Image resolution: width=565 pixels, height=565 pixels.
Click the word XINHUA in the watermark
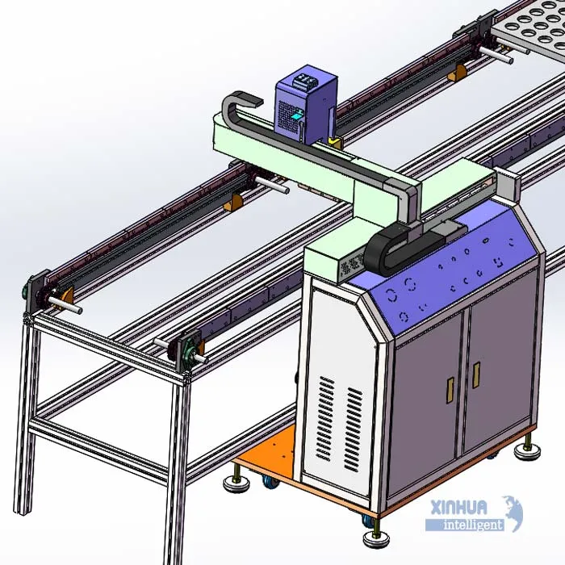(458, 508)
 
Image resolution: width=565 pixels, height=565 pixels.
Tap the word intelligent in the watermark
(473, 525)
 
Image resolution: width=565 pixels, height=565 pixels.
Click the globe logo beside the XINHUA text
(514, 513)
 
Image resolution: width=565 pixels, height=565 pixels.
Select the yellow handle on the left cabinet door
(450, 390)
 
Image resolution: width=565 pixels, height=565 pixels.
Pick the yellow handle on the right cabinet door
(476, 375)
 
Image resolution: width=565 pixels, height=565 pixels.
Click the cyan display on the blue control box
(297, 116)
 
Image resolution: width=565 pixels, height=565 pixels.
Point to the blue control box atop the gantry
(306, 101)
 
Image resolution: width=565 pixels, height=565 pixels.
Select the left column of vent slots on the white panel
(325, 418)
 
